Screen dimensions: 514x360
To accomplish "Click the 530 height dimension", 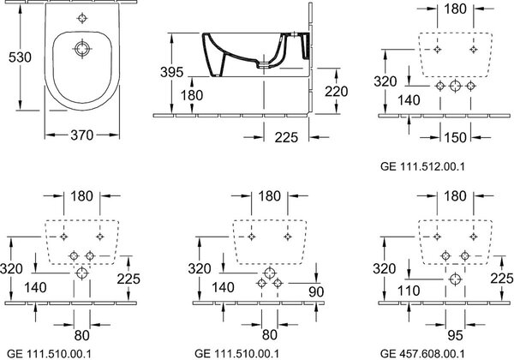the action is [20, 57].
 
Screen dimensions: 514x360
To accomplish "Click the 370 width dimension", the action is [82, 135].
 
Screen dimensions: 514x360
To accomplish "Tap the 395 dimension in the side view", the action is [172, 72].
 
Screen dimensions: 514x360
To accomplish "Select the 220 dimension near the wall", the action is [337, 92].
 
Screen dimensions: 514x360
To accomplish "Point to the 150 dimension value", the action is [456, 137].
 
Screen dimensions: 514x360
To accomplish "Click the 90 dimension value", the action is [316, 291].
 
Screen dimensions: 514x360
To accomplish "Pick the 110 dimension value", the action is [409, 291].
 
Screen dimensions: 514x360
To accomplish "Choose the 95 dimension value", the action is [455, 335].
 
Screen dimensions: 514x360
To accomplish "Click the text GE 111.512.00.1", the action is [422, 166].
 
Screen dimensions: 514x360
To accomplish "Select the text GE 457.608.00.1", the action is [422, 354].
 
